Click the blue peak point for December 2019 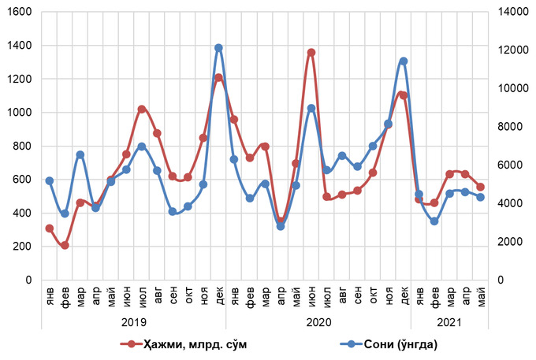click(218, 48)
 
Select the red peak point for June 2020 click(311, 53)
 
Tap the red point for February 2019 click(65, 245)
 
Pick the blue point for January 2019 click(49, 180)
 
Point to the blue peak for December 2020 click(404, 61)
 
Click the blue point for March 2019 click(80, 154)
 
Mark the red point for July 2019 click(142, 109)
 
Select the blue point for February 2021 click(434, 221)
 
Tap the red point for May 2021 click(481, 187)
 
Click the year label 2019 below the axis click(133, 321)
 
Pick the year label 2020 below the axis click(318, 321)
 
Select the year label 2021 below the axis click(449, 321)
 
